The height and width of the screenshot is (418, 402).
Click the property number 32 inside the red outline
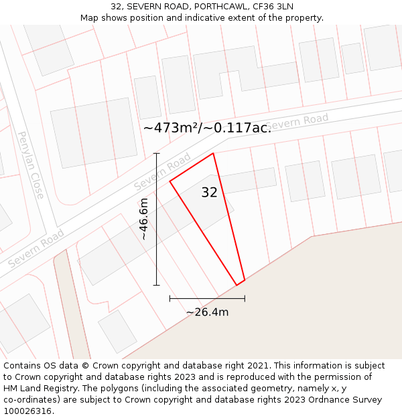click(209, 193)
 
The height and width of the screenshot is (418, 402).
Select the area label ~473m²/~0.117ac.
click(207, 128)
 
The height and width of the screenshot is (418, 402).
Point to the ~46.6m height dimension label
click(143, 219)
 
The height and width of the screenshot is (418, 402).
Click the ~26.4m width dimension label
click(207, 312)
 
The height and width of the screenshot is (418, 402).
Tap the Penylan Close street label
click(31, 165)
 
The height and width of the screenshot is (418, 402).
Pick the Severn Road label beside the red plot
click(162, 172)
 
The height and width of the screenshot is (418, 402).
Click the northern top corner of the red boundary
click(213, 154)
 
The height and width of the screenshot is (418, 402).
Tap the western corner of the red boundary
click(170, 181)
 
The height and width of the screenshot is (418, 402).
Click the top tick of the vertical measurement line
click(157, 154)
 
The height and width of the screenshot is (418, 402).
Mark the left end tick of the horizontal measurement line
click(170, 298)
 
